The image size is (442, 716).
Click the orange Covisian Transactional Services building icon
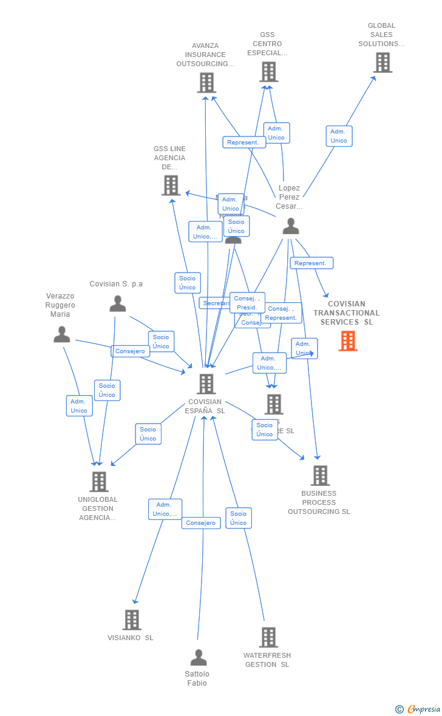348,341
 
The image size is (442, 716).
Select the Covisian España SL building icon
206,383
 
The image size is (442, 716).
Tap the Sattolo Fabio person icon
199,658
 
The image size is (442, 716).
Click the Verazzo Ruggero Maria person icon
61,334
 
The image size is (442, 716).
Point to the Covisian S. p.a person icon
117,303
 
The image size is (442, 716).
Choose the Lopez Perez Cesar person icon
291,226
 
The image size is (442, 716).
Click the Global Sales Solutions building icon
382,62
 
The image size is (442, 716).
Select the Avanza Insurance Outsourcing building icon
206,83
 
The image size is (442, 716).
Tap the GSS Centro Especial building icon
268,72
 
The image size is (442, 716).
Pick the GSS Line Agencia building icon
171,185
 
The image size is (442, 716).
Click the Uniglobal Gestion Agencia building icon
99,481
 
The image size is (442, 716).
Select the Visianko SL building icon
132,620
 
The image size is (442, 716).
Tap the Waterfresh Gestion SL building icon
268,637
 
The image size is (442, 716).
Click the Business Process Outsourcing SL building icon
320,475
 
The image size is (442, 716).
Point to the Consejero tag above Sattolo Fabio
201,523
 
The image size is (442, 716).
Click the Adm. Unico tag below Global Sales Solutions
339,136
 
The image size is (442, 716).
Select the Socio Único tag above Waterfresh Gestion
239,518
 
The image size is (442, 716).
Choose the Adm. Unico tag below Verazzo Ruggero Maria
79,406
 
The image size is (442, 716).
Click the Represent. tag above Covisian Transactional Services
311,263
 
